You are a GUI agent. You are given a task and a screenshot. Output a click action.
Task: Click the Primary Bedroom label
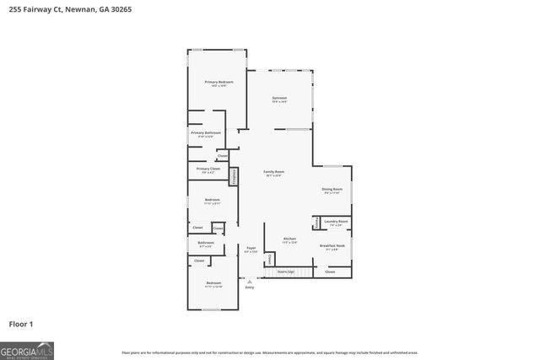pos(219,82)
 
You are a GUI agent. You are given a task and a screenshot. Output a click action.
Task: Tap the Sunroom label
pos(279,99)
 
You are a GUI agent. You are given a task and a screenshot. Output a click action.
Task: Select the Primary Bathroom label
pos(205,133)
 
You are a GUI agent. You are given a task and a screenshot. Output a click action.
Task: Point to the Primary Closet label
pos(208,169)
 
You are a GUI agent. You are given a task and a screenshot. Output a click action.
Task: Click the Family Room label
pos(274,173)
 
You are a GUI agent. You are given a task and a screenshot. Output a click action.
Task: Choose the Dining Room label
pos(332,191)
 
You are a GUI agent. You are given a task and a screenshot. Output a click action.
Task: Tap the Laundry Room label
pos(335,223)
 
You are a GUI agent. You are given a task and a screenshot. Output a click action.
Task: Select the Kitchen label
pos(289,240)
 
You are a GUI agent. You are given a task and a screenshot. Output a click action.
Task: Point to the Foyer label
pos(251,250)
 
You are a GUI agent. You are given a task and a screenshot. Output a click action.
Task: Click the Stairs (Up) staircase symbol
pos(286,272)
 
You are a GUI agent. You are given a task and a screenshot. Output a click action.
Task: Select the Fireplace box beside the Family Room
pos(234,175)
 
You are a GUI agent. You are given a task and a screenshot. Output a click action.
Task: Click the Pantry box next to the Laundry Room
pos(316,223)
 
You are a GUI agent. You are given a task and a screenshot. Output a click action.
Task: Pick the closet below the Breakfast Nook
pos(330,271)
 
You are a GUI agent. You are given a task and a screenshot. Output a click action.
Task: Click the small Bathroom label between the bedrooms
pos(206,244)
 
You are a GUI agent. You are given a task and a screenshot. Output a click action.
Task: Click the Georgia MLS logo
pos(27,348)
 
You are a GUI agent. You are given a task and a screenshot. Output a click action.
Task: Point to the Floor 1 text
pos(21,324)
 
